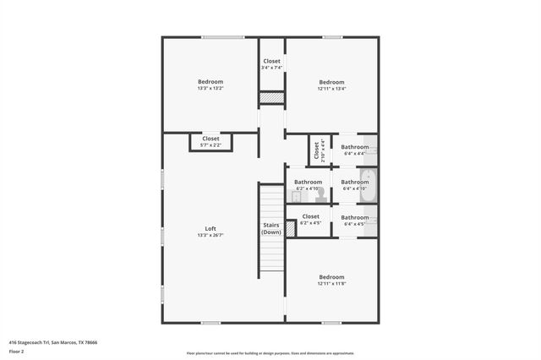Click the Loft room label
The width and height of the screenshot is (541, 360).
210,229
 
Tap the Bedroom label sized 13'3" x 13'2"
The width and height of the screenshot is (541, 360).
210,82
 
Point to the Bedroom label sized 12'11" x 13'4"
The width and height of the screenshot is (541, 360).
331,82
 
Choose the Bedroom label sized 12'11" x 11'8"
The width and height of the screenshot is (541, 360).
331,277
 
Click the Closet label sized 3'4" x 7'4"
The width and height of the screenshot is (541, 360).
271,61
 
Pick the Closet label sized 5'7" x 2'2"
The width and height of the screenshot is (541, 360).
210,139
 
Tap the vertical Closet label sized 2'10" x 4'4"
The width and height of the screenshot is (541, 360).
317,150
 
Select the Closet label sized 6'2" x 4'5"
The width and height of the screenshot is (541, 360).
310,216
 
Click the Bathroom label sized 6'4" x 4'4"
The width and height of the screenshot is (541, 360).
354,147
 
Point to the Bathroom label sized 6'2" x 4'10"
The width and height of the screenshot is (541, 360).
308,182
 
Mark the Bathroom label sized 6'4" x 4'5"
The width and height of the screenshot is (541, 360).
354,217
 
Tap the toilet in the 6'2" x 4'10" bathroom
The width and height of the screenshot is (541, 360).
320,195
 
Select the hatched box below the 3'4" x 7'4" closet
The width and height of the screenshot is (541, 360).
271,98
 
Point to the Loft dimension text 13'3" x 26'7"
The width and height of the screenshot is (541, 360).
210,235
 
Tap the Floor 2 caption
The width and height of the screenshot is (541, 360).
17,352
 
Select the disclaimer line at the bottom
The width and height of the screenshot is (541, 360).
270,352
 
